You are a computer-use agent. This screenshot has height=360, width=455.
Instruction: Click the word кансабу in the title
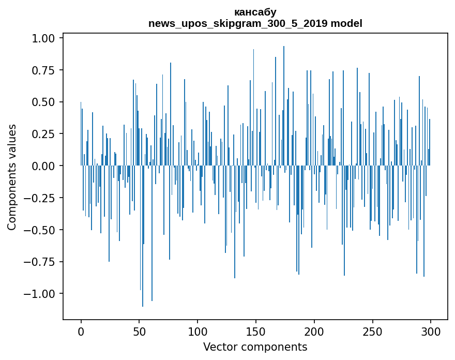(255, 12)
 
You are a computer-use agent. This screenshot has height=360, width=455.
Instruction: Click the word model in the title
(346, 23)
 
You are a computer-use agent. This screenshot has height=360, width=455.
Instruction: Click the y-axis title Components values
(12, 177)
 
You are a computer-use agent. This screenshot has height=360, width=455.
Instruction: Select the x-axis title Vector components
(255, 347)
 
